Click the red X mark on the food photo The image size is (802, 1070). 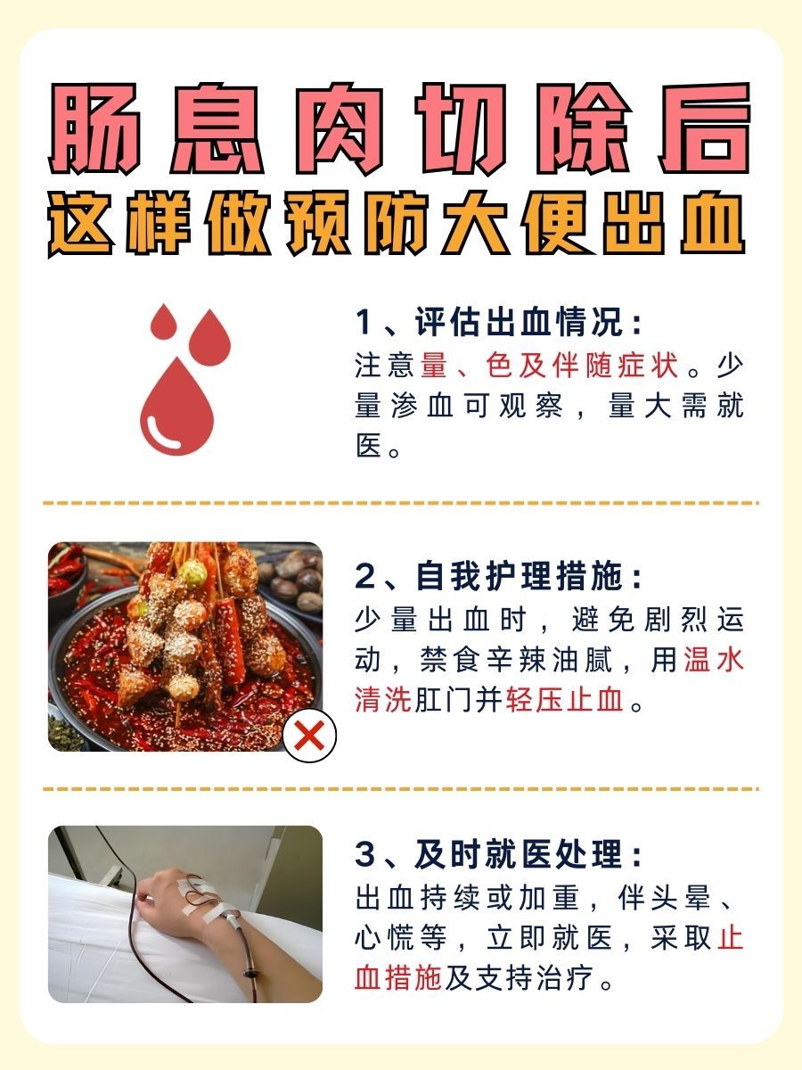tap(309, 736)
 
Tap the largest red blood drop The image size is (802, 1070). tap(177, 410)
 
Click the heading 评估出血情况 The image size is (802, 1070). tap(527, 323)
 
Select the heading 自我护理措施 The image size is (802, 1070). tap(527, 577)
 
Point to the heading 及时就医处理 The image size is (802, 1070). tap(527, 855)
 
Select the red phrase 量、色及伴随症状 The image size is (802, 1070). tap(549, 366)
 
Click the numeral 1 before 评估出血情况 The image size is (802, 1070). tap(364, 323)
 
